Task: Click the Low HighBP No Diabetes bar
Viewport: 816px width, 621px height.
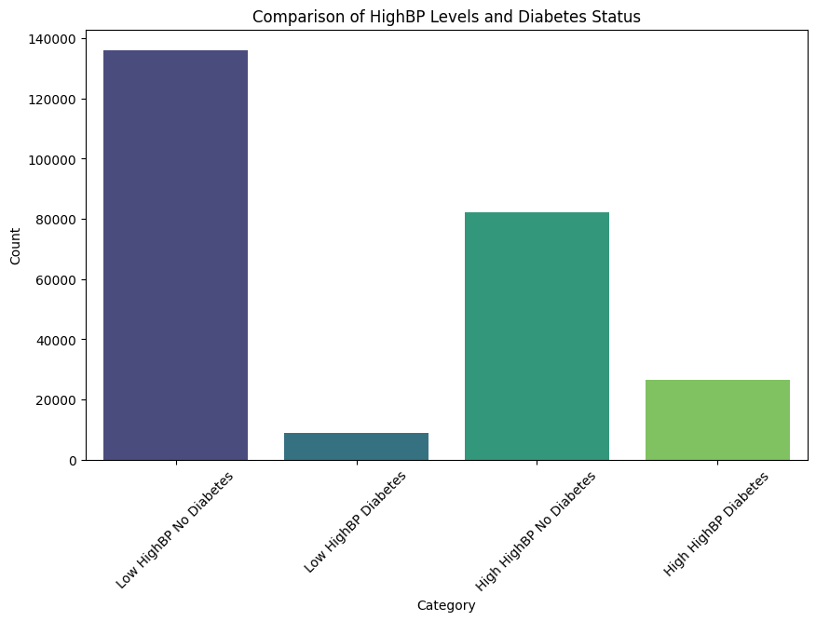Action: coord(175,255)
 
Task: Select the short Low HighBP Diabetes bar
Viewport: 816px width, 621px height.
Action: coord(356,447)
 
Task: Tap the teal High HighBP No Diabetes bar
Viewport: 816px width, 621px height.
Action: coord(537,336)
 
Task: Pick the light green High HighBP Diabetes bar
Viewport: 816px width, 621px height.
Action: coord(717,420)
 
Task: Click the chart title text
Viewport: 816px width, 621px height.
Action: coord(447,17)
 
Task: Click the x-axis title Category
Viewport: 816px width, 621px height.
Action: coord(446,605)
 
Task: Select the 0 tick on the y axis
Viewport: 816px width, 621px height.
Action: coord(73,461)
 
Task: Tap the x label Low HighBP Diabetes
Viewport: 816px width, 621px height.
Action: coord(356,523)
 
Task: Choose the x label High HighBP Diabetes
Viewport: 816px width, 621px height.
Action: coord(716,524)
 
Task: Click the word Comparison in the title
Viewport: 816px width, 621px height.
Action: coord(292,17)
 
